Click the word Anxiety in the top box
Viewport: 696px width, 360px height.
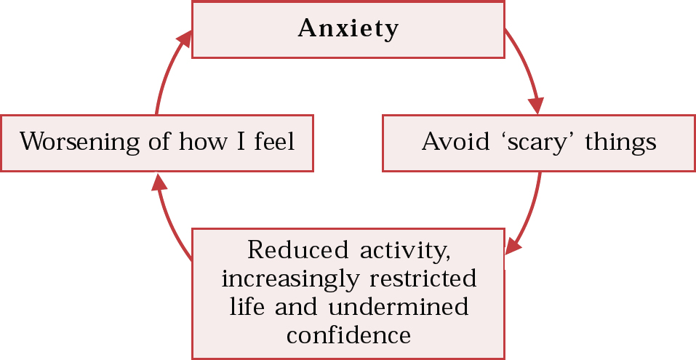(348, 28)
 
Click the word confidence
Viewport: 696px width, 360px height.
(348, 335)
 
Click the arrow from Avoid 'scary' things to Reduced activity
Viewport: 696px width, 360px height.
(532, 215)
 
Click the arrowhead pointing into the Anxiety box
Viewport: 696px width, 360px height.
(185, 36)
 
